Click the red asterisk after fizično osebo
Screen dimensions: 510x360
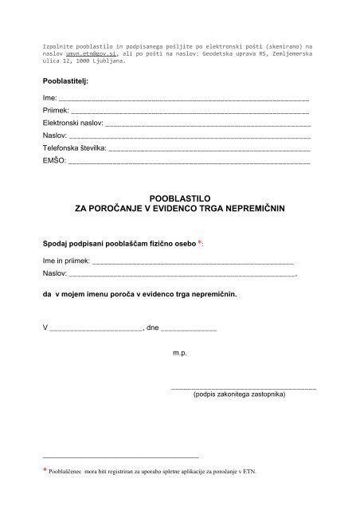pos(200,241)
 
